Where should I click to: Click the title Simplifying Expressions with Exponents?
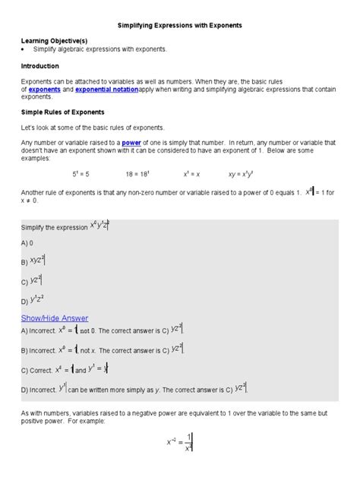tap(180, 25)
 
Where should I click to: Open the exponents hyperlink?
tap(44, 89)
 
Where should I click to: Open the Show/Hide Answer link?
tap(55, 317)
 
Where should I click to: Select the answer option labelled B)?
tap(35, 261)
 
